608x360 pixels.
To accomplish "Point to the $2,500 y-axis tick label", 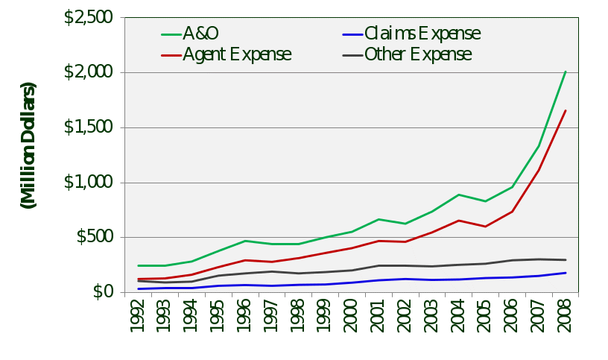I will [x=88, y=17].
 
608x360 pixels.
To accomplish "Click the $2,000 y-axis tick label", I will [x=88, y=72].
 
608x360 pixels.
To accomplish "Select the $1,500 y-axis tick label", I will [x=88, y=127].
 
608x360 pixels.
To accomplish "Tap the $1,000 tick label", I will [x=88, y=183].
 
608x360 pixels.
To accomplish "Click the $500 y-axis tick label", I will [x=94, y=237].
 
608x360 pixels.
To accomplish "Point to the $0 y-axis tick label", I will [x=104, y=292].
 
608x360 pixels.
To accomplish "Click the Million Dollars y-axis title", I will [x=28, y=145].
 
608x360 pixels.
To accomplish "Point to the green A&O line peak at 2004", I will [x=459, y=195].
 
